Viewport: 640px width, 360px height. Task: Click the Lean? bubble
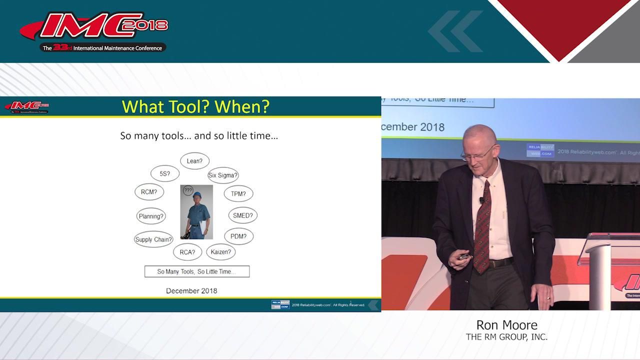pos(194,161)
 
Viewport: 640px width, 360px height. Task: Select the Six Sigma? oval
pos(223,175)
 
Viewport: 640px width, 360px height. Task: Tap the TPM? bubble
pos(238,193)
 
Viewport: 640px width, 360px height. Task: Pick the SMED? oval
pos(242,215)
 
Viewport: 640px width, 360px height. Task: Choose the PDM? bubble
pos(238,236)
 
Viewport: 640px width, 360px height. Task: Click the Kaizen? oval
pos(220,251)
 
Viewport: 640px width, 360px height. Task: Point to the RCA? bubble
pos(187,252)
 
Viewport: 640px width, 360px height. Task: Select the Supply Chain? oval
pos(153,239)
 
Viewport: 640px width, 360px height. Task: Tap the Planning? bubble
pos(151,216)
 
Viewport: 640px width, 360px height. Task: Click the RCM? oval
pos(149,191)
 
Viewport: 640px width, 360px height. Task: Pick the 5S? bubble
pos(164,173)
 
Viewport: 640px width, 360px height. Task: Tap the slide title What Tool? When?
pos(195,106)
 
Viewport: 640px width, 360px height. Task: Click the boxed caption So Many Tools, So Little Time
pos(196,271)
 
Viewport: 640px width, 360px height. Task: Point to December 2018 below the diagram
pos(191,290)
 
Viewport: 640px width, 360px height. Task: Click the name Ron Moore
pos(506,325)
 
